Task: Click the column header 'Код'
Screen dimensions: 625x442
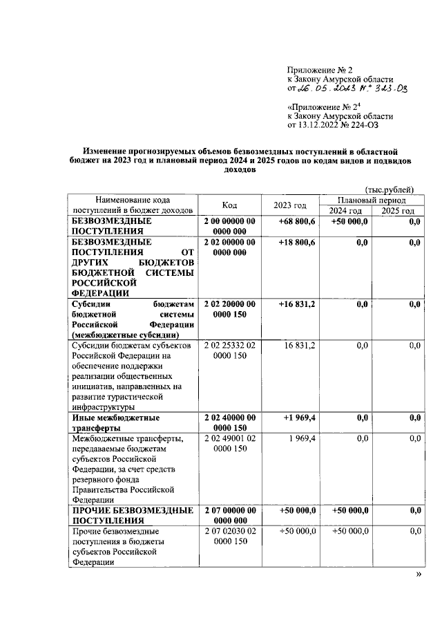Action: coord(230,205)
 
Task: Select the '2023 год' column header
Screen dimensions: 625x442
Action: coord(290,205)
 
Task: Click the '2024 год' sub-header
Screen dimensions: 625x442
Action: coord(345,211)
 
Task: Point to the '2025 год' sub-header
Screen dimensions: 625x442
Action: coord(398,211)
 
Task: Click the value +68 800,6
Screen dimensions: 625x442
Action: coord(297,221)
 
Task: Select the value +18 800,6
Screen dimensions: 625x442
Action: coord(297,243)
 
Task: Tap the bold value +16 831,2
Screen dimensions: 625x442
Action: coord(297,304)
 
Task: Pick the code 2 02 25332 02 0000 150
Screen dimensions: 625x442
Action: coord(230,350)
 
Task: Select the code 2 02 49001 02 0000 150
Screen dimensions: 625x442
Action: coord(230,444)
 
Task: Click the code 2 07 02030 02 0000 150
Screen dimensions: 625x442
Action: coord(230,536)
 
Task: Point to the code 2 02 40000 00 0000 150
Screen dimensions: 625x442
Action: coord(230,422)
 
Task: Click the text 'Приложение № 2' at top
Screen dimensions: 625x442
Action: coord(320,70)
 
